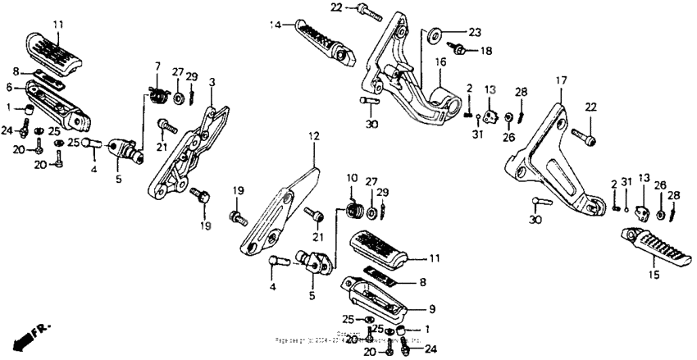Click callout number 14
(276, 25)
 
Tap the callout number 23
(475, 33)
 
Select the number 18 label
(486, 51)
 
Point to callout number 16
(440, 61)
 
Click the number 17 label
(561, 80)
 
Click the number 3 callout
(212, 82)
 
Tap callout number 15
(654, 275)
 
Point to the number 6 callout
(9, 86)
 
